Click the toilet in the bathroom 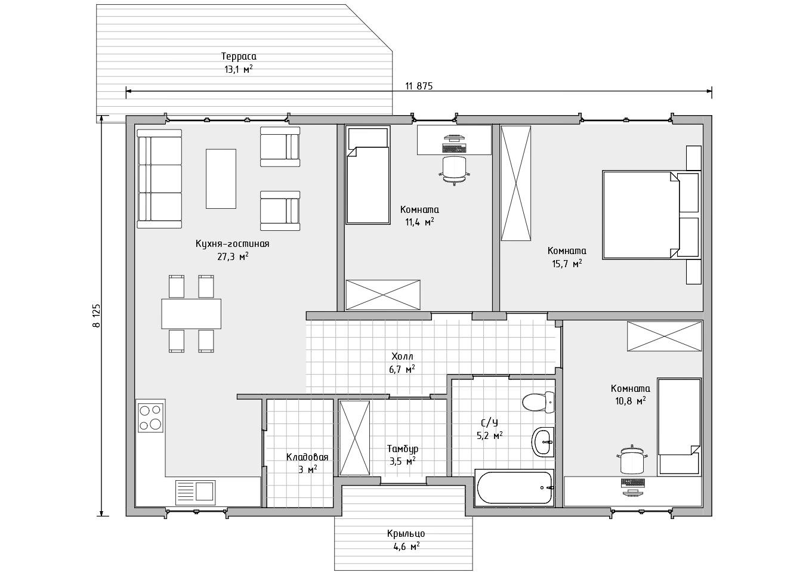538,402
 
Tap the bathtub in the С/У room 514,487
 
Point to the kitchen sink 195,492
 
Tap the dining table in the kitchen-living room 191,314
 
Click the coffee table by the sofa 221,179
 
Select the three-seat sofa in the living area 159,179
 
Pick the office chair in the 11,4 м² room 455,171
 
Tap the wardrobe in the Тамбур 354,438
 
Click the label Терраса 239,56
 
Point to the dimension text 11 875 419,86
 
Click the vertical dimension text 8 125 97,316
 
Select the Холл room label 402,357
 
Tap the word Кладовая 307,457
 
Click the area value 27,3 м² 233,256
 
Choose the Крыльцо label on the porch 406,533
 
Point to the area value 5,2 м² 490,436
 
